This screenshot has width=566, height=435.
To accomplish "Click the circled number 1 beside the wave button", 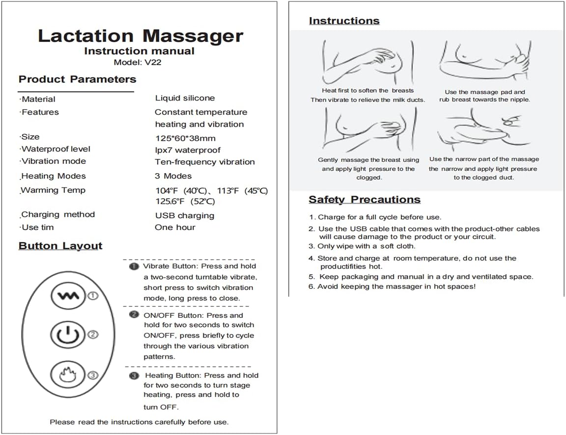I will point(93,296).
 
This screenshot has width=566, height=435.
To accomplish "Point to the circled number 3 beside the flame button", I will point(93,376).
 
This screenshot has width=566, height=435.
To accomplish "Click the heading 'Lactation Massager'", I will point(140,36).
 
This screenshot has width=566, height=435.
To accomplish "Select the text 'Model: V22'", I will point(137,62).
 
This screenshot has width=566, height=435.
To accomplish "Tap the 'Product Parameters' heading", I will point(77,79).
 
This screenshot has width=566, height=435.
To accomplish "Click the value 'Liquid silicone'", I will point(185,98).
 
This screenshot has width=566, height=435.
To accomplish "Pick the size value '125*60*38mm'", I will point(185,138).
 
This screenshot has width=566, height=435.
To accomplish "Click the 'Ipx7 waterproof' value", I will point(188,150).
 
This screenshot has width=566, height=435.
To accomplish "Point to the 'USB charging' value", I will point(185,215).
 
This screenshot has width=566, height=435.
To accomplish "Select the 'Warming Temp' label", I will point(53,190).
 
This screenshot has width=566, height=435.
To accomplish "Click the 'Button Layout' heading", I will point(60,246).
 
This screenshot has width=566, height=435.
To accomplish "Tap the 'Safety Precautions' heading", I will point(365,200).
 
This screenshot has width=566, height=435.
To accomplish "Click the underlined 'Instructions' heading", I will point(344,21).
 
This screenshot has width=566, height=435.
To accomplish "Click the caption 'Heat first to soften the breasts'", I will point(368,90).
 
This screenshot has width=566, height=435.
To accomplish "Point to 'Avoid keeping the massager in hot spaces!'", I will point(392,286).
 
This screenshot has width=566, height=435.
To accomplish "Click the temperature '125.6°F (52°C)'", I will point(185,202).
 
